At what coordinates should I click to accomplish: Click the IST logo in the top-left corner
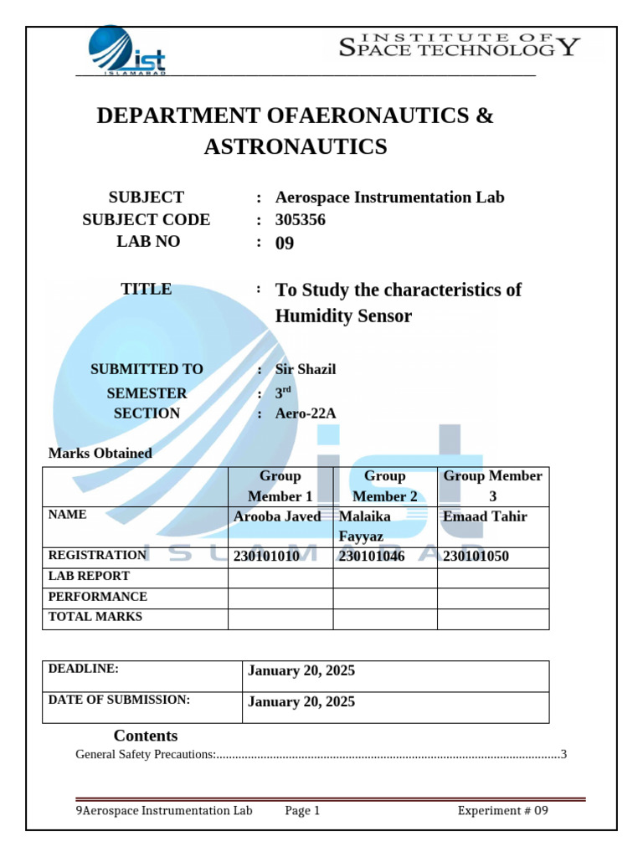(127, 50)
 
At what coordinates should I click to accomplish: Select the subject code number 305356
(301, 220)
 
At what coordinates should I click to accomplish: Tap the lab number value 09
(285, 244)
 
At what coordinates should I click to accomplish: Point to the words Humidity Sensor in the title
(343, 316)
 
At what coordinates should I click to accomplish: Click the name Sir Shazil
(306, 369)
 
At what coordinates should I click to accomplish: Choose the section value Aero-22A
(306, 413)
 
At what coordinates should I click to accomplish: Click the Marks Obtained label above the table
(100, 454)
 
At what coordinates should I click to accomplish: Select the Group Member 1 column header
(280, 486)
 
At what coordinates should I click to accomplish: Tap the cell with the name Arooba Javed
(277, 516)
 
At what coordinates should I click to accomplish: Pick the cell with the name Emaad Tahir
(485, 516)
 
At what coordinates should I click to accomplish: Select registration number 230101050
(476, 557)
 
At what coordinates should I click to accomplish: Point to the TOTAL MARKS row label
(95, 618)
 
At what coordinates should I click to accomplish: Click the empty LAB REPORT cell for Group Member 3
(493, 578)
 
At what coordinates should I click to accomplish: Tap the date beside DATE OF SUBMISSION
(301, 702)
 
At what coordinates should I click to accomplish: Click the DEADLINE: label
(84, 669)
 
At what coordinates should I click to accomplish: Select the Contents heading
(146, 736)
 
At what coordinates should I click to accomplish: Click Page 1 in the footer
(302, 810)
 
